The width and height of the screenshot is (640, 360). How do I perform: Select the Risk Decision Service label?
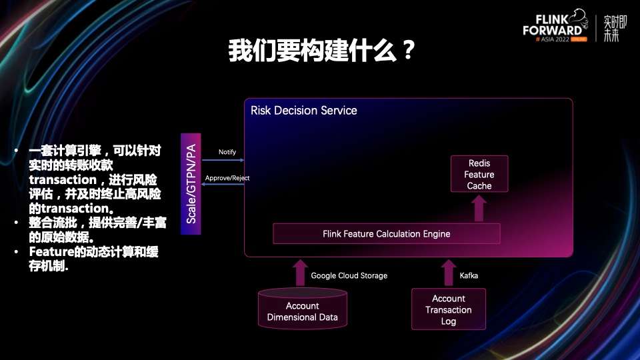[303, 110]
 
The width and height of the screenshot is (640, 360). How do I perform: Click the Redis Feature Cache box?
[479, 174]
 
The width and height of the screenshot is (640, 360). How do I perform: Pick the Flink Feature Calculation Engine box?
[386, 234]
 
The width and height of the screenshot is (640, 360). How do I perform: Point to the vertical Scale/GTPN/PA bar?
[191, 183]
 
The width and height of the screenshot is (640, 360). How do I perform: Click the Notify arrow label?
[227, 152]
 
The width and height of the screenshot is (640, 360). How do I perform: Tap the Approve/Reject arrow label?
[227, 178]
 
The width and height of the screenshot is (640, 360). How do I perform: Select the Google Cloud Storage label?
[349, 275]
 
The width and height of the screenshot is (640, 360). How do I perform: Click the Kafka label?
[469, 275]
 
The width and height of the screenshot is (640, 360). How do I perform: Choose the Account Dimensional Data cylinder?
[302, 310]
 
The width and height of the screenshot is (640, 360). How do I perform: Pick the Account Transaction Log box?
[448, 309]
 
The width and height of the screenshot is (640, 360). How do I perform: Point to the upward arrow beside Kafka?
[448, 273]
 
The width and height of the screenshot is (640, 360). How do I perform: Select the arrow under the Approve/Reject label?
[223, 185]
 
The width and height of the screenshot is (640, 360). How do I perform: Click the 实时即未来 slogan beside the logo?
[611, 27]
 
